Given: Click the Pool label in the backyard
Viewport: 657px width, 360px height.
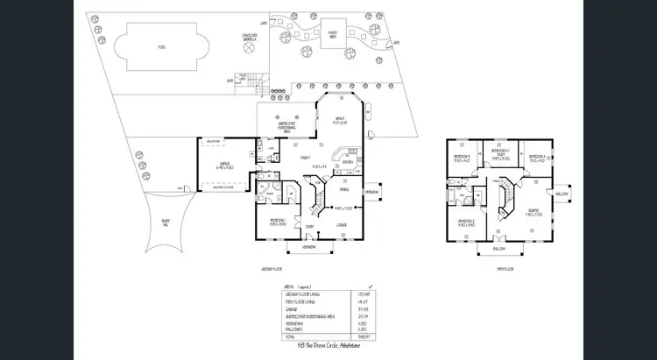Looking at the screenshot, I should [x=160, y=46].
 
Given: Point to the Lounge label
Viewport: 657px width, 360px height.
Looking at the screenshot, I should [x=341, y=226].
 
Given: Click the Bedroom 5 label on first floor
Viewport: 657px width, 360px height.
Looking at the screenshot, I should [x=462, y=159].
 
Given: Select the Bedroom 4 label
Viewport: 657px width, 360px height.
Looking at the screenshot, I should [x=536, y=159].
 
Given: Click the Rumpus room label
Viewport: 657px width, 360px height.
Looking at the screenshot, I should [x=533, y=211].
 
